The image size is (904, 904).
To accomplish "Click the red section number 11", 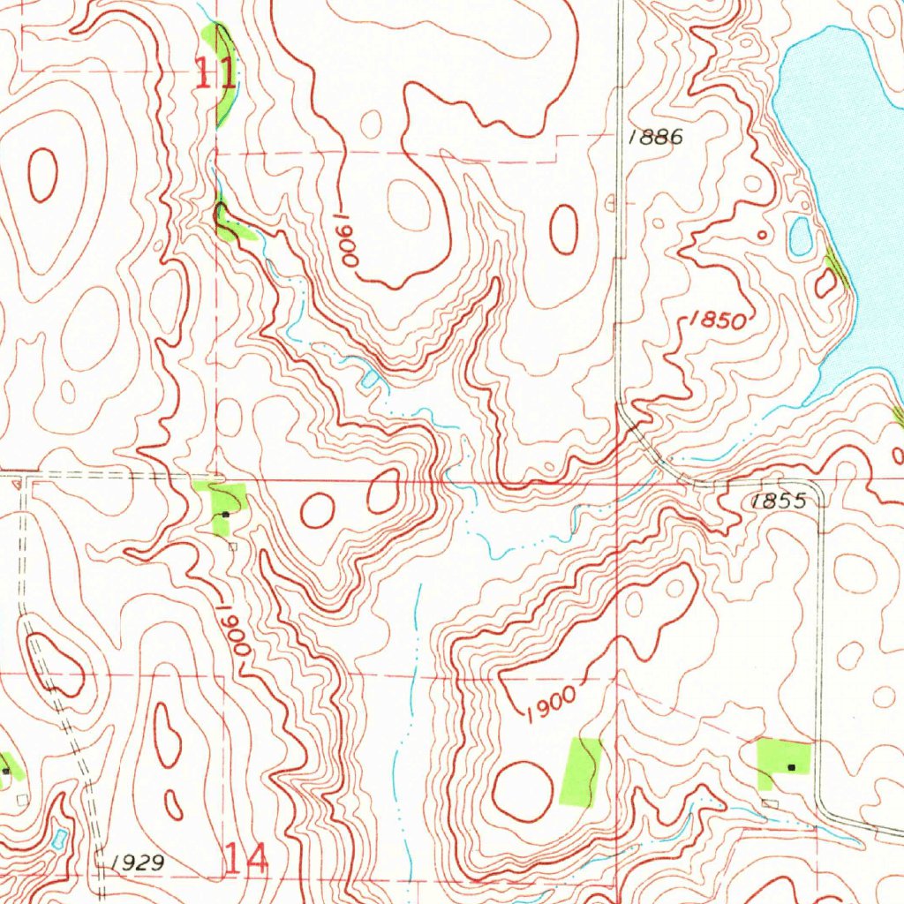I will pos(215,72).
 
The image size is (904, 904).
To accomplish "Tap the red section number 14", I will pos(245,858).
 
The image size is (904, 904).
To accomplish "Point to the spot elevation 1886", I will pos(656,137).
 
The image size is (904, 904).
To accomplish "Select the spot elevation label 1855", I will pos(779,501).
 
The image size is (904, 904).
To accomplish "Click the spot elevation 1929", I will pos(139,862).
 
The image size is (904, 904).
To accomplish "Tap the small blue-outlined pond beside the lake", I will pos(801,236).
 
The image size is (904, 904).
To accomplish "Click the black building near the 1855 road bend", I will pos(791,767).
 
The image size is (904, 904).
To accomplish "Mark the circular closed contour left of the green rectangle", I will pos(522,788).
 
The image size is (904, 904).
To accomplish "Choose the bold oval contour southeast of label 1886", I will pos(563,229).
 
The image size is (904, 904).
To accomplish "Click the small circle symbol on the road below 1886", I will pos(610,202).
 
